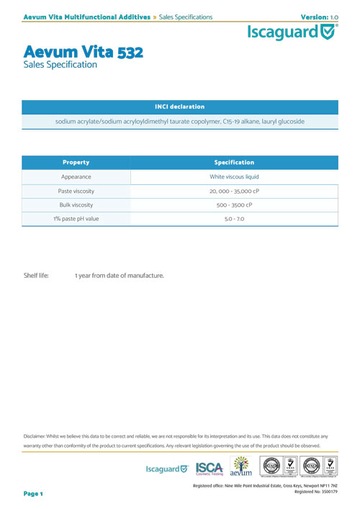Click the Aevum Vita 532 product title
coord(84,52)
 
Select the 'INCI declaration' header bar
coord(179,107)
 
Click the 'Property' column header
coord(76,162)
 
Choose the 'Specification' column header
coord(234,162)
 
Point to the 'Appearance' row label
coord(76,176)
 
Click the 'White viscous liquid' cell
coord(234,176)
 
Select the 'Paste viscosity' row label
coord(76,191)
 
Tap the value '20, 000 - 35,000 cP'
coord(234,191)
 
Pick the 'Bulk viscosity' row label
coord(76,204)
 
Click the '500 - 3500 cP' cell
coord(234,204)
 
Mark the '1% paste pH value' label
coord(76,218)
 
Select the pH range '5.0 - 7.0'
coord(234,218)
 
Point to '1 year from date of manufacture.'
coord(120,276)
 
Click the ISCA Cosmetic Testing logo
coord(209,468)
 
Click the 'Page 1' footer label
coord(34,494)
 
